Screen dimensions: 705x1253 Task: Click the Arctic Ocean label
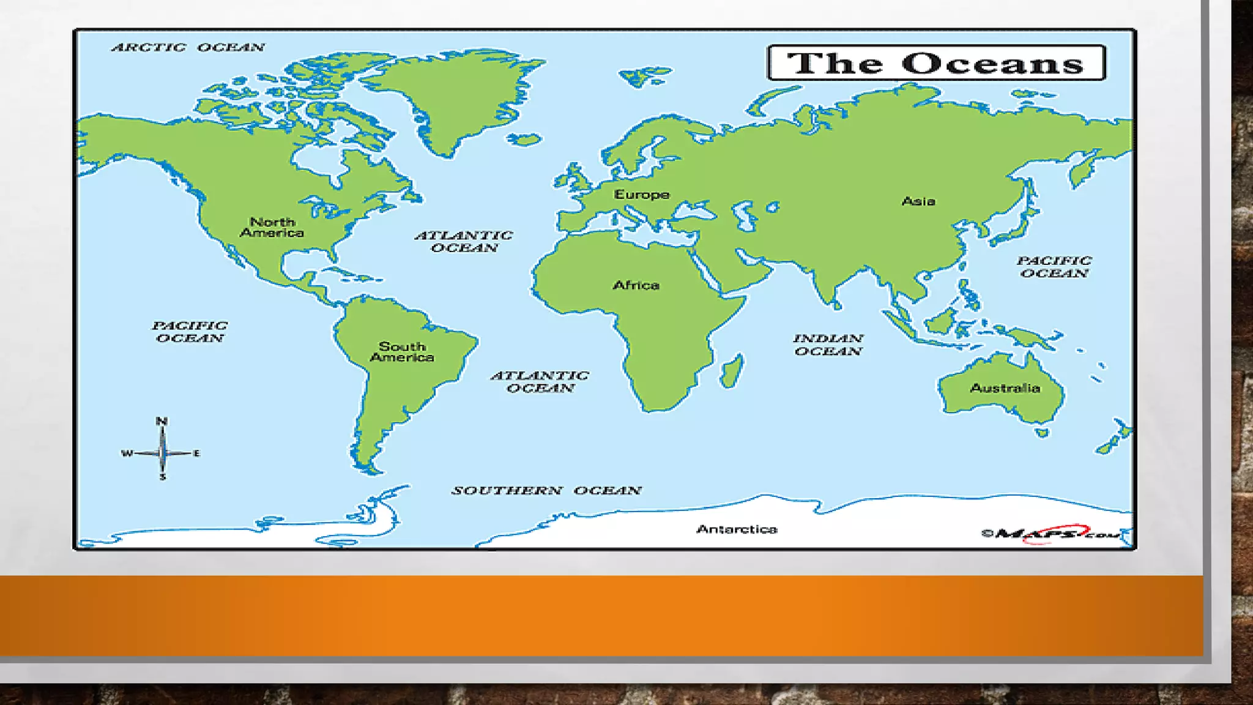(x=188, y=47)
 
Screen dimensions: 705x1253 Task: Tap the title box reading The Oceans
(x=936, y=63)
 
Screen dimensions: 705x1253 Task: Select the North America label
(x=272, y=227)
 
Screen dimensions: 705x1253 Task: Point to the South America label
(x=402, y=352)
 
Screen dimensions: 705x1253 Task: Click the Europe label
(x=642, y=195)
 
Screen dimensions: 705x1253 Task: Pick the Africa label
(x=636, y=285)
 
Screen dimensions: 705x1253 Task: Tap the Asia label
(x=918, y=201)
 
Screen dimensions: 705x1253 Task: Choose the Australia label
(x=1005, y=388)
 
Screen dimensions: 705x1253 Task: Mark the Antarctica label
(x=737, y=529)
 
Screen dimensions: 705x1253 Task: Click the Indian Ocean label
(x=828, y=345)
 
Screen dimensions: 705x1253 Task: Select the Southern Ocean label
(x=546, y=490)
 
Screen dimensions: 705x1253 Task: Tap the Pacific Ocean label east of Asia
(x=1054, y=267)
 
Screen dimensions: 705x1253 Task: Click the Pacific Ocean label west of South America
(x=190, y=332)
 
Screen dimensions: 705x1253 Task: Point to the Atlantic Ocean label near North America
(x=464, y=241)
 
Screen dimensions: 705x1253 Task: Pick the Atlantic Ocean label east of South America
(x=540, y=381)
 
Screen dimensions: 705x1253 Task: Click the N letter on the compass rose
(x=162, y=421)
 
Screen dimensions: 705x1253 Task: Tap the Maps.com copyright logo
(x=1051, y=534)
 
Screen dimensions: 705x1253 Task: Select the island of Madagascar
(x=732, y=370)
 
